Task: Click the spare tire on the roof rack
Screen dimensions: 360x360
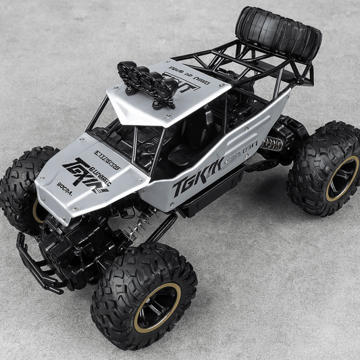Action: point(278,34)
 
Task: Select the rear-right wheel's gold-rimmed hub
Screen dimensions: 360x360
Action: point(342,178)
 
